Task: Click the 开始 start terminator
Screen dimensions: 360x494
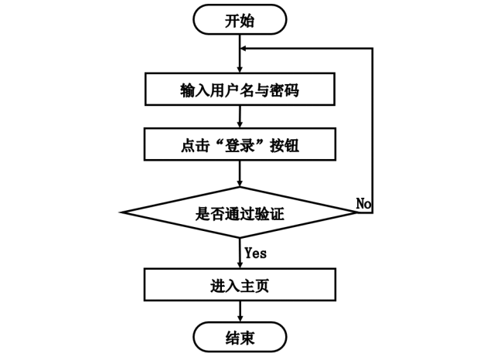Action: coord(240,21)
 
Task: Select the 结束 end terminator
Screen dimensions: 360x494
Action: coord(240,338)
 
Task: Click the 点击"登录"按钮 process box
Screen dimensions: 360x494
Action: coord(240,144)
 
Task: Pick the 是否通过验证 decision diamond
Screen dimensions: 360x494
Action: coord(240,212)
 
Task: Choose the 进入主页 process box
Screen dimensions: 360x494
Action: coord(240,284)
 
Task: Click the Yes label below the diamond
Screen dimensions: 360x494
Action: coord(256,252)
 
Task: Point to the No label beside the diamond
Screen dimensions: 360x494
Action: coord(364,202)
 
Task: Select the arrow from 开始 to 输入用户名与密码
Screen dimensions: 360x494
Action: coord(240,54)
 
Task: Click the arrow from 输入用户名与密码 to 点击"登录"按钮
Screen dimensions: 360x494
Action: coord(240,117)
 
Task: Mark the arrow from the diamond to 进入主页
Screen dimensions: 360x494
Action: coord(240,252)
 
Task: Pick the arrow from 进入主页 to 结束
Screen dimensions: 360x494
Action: coord(240,311)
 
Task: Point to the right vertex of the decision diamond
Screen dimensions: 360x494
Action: coord(356,212)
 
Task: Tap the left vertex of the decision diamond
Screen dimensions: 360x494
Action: coord(123,212)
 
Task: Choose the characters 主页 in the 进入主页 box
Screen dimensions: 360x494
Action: coord(254,284)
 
